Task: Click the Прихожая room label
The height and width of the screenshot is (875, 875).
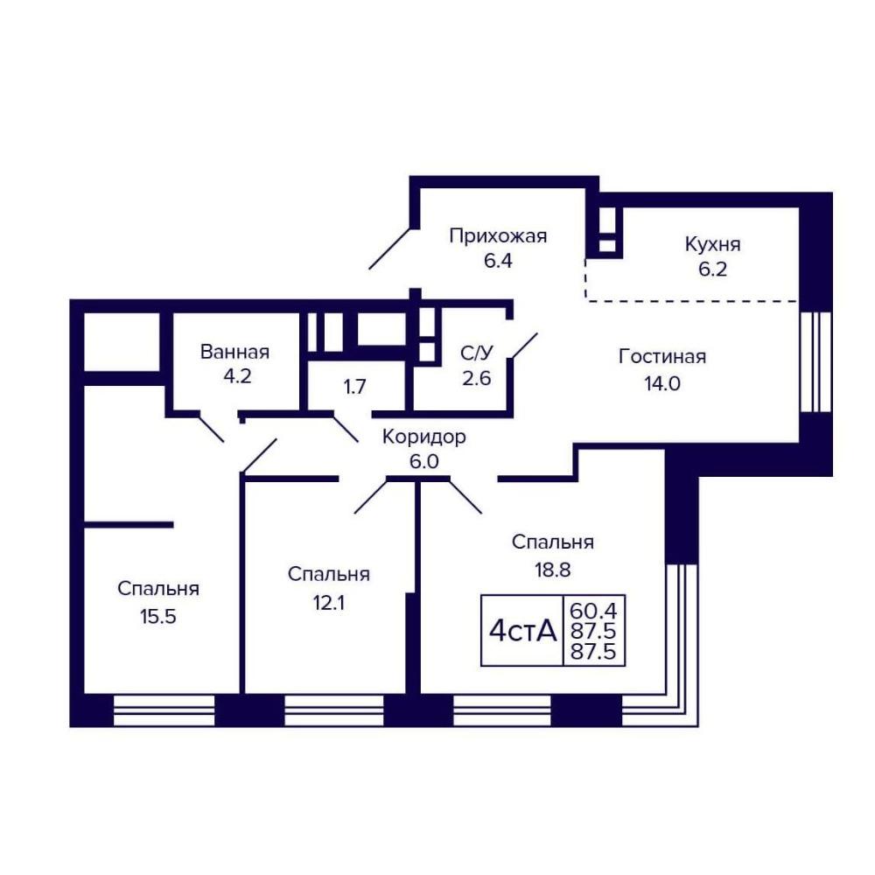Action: click(x=498, y=236)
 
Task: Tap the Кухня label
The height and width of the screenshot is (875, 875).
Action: click(x=712, y=244)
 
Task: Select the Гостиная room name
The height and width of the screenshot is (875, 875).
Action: click(x=662, y=357)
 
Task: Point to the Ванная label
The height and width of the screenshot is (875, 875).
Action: click(x=234, y=352)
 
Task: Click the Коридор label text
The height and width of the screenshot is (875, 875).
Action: click(x=424, y=437)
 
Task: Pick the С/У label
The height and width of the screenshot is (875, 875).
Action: click(x=477, y=353)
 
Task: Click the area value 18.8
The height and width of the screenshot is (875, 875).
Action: click(x=552, y=570)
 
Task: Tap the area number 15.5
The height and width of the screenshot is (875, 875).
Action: click(x=157, y=617)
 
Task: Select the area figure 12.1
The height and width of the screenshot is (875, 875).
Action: click(x=329, y=603)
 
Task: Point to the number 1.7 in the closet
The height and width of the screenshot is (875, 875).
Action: click(x=355, y=386)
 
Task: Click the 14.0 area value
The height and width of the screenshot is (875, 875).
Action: click(x=662, y=384)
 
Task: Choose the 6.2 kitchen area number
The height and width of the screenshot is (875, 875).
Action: click(x=712, y=269)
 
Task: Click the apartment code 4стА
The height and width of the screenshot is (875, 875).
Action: click(x=523, y=631)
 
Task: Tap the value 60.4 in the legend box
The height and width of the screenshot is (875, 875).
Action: click(x=592, y=611)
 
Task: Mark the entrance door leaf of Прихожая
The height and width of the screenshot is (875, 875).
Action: click(x=390, y=248)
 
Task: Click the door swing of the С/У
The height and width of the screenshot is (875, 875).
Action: click(x=525, y=346)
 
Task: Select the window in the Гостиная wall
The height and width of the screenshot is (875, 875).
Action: click(x=815, y=361)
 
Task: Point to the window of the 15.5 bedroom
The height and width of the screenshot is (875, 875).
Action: click(x=164, y=710)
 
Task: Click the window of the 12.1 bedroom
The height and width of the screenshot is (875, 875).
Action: click(x=334, y=710)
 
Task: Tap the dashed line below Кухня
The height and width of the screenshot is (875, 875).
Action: click(x=692, y=301)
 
